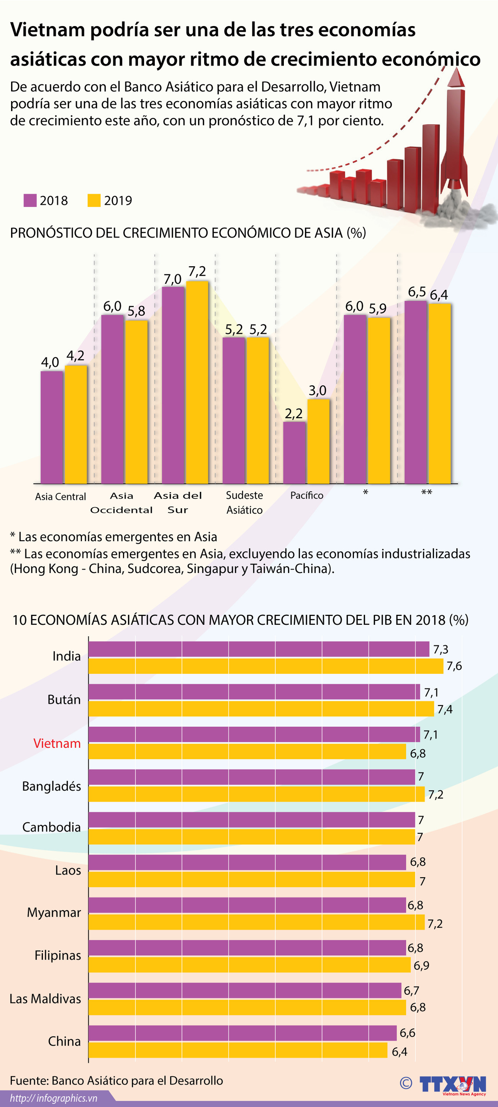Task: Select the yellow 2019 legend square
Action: click(x=94, y=200)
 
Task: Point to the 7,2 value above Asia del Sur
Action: click(x=197, y=271)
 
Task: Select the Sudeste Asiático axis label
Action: click(x=244, y=502)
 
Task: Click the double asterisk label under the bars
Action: click(x=426, y=493)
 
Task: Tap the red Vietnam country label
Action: click(x=57, y=743)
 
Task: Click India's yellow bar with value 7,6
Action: click(x=265, y=666)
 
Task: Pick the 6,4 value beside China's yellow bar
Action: click(x=399, y=1051)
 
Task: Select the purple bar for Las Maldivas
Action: click(x=244, y=990)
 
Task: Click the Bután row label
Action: click(x=64, y=699)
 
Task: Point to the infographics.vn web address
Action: click(x=54, y=1098)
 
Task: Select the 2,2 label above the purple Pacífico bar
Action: click(x=293, y=413)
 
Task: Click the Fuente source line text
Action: click(x=116, y=1080)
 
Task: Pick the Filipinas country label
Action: click(x=57, y=955)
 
